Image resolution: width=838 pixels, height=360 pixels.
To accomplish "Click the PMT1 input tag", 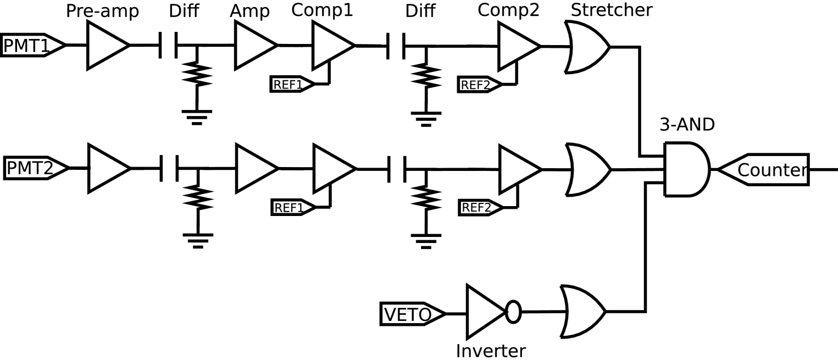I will pos(30,46).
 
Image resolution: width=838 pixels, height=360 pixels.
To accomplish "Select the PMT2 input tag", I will pos(33,168).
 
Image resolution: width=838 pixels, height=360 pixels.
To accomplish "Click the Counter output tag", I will pos(767,170).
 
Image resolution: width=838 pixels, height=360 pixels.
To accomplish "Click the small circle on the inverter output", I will pos(513,312).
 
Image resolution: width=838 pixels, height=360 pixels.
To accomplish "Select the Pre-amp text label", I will pos(102,10).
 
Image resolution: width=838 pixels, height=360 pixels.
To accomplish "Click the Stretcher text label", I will pos(612,9).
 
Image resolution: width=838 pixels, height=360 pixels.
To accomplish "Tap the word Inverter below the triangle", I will pos(491,350).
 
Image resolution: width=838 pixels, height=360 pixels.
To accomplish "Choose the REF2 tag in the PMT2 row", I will pos(479,208).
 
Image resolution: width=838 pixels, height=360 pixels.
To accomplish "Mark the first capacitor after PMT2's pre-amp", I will pos(169,168).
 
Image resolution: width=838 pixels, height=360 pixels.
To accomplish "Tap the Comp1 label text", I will pos(322,9).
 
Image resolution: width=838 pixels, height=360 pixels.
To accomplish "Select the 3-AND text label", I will pos(687,125).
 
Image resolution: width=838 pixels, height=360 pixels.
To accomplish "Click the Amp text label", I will pos(250,10).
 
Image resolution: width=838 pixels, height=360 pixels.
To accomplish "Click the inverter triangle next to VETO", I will pos(482,312).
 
